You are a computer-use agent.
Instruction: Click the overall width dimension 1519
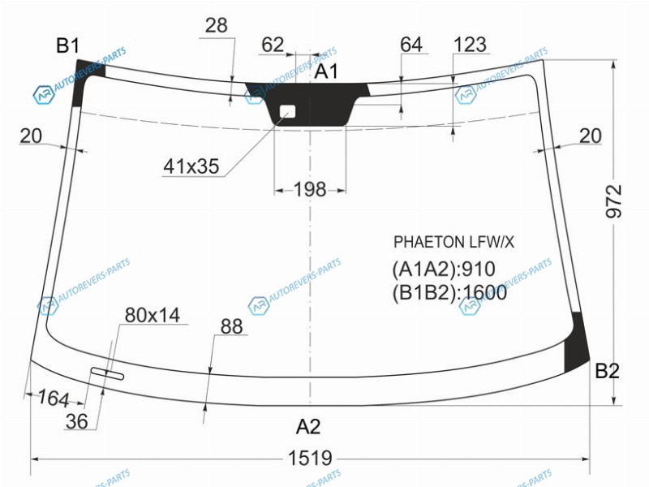(x=310, y=459)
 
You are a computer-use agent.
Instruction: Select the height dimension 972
(x=614, y=201)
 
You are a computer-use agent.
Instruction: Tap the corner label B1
(x=67, y=45)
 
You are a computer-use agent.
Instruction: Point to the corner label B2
(x=607, y=371)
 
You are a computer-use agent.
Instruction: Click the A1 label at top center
(x=326, y=71)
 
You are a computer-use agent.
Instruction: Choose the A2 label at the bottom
(x=308, y=426)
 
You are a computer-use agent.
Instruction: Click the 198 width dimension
(x=310, y=190)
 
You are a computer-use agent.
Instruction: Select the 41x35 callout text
(x=191, y=166)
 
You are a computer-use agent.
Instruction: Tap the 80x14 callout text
(x=153, y=315)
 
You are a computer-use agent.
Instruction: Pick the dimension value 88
(x=231, y=326)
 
